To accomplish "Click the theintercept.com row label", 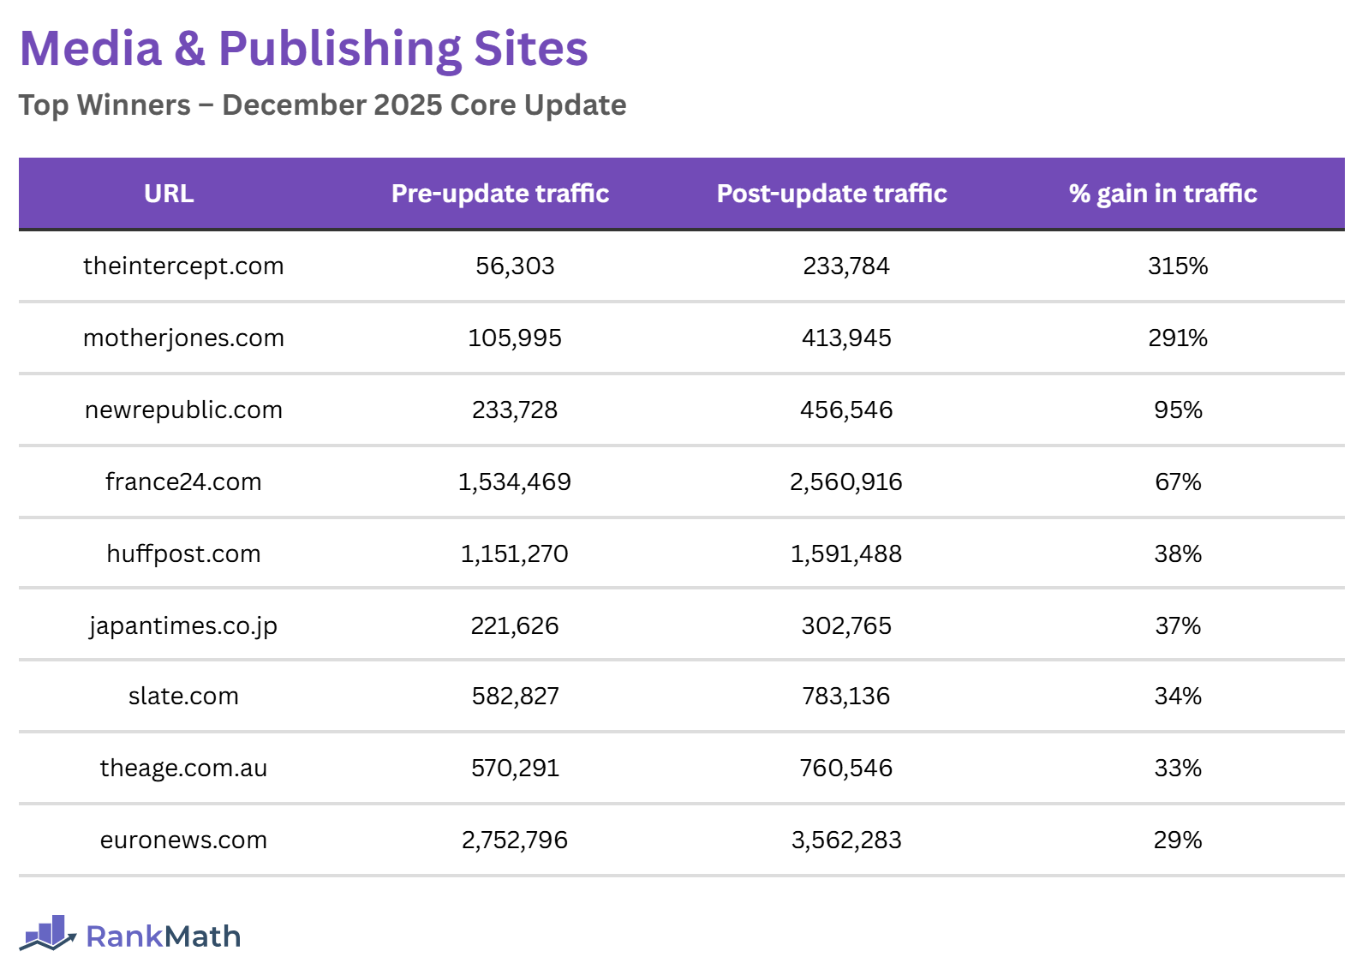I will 183,266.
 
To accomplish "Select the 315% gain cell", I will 1178,266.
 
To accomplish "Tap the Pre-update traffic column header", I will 500,194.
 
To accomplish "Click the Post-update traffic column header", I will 832,194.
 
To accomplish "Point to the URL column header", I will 169,194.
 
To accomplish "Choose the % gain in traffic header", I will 1162,194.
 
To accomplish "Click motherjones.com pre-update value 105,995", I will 515,338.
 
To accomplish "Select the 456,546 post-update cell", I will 846,410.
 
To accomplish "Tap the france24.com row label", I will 183,482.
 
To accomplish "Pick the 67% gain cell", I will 1178,482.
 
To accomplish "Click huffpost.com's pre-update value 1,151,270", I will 515,554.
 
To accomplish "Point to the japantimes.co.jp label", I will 183,626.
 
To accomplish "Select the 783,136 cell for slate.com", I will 846,697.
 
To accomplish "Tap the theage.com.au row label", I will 183,769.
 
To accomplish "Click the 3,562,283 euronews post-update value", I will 846,840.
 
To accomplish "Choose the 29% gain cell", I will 1178,840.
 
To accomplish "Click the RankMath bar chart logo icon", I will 48,934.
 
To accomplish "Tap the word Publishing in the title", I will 340,49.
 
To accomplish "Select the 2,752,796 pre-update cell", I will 515,840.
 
